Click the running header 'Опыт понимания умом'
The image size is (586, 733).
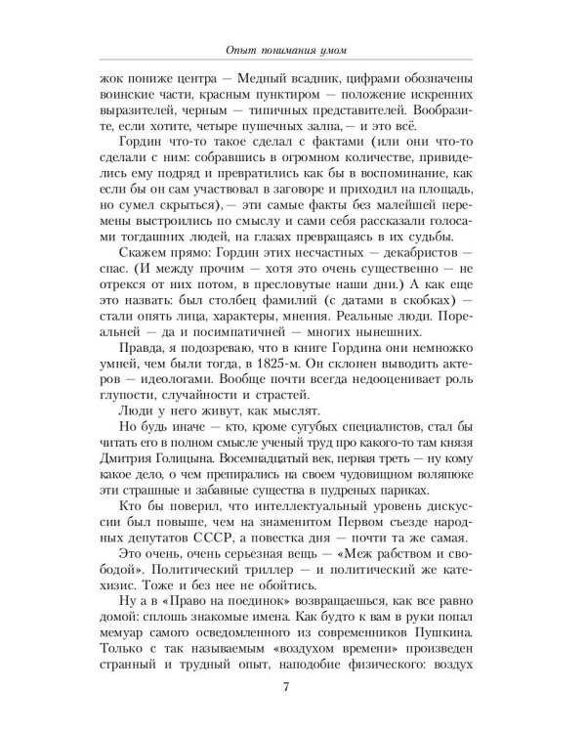tap(293, 50)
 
